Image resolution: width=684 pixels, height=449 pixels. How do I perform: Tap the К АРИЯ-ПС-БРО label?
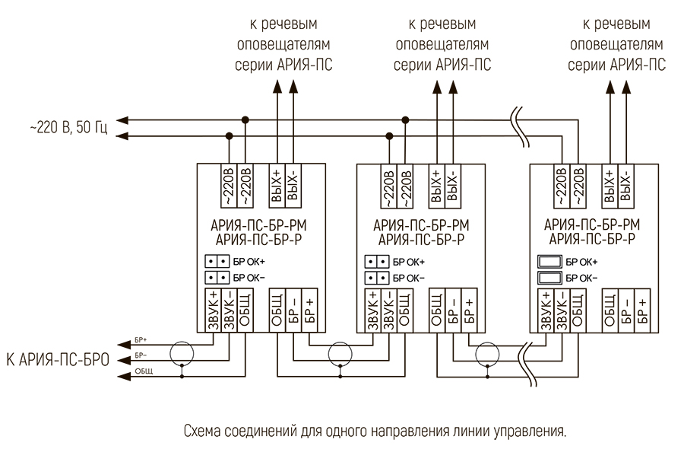(x=58, y=358)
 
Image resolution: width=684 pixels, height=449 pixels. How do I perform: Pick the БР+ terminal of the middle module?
(x=468, y=310)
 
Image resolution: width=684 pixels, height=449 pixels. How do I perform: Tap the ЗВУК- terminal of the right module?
(x=562, y=310)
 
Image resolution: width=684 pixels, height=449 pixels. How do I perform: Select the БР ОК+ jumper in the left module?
(x=217, y=261)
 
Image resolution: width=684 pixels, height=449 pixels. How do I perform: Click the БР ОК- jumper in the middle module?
(x=377, y=276)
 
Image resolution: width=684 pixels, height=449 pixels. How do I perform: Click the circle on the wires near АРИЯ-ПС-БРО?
(x=182, y=354)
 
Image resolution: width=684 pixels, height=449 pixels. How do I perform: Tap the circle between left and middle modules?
(x=340, y=354)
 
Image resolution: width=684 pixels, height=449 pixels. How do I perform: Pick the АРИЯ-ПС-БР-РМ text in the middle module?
(x=420, y=226)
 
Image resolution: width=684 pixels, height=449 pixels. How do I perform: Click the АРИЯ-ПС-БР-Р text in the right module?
(x=592, y=239)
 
